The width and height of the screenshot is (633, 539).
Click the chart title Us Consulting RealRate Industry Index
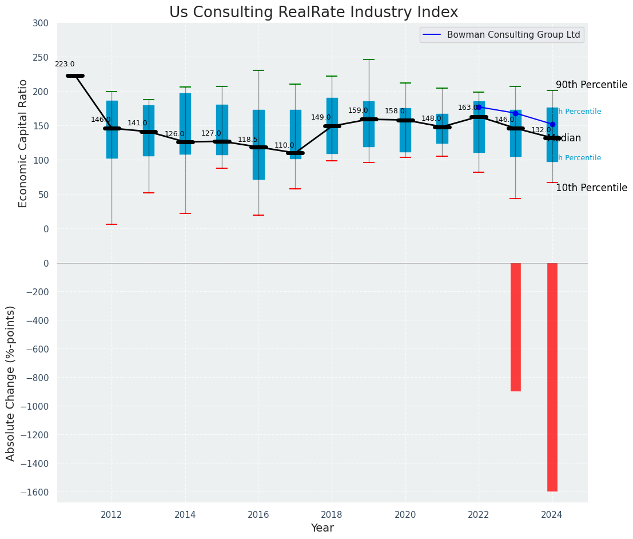pyautogui.click(x=313, y=13)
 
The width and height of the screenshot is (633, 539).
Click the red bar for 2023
pyautogui.click(x=515, y=327)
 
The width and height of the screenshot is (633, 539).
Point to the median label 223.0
pyautogui.click(x=65, y=64)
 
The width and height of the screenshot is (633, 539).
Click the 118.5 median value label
pyautogui.click(x=248, y=140)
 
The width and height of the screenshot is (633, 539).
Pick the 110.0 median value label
pyautogui.click(x=284, y=145)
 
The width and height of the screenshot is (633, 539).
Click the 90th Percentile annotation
pyautogui.click(x=591, y=85)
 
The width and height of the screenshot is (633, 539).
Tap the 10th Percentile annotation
pyautogui.click(x=591, y=188)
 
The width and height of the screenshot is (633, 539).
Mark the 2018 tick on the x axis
pyautogui.click(x=332, y=514)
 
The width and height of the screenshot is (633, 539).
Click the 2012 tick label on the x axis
pyautogui.click(x=112, y=514)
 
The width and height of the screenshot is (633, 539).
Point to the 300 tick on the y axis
pyautogui.click(x=41, y=23)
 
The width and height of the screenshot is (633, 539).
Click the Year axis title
pyautogui.click(x=322, y=528)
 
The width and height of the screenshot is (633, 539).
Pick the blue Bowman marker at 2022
pyautogui.click(x=479, y=107)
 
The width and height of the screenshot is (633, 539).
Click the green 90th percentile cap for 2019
pyautogui.click(x=369, y=60)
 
